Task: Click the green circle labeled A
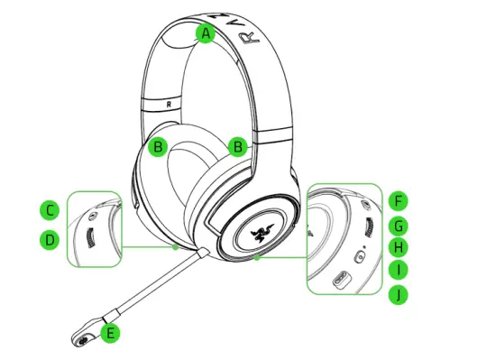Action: point(206,34)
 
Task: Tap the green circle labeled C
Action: point(51,211)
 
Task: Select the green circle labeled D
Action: point(51,240)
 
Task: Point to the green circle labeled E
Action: point(110,333)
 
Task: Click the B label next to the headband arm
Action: point(238,146)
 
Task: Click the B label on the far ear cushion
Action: point(159,146)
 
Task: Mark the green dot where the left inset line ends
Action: point(174,245)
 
